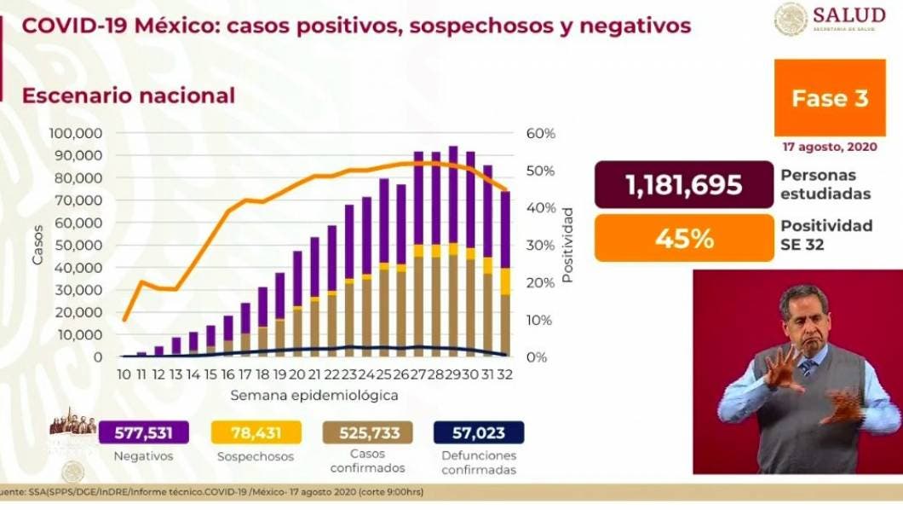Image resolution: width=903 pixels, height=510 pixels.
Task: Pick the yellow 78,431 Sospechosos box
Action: click(254, 432)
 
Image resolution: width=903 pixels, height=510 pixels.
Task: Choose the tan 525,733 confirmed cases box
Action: click(368, 432)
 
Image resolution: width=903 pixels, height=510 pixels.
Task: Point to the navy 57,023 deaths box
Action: click(480, 432)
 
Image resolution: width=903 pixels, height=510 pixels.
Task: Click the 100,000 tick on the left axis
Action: click(77, 134)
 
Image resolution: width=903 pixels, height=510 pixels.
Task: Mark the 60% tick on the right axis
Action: click(540, 134)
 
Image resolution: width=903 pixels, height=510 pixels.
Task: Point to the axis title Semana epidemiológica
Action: click(314, 396)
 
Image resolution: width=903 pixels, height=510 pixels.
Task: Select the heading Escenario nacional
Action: click(129, 96)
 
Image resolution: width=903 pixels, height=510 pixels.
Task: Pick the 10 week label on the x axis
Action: click(124, 374)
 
